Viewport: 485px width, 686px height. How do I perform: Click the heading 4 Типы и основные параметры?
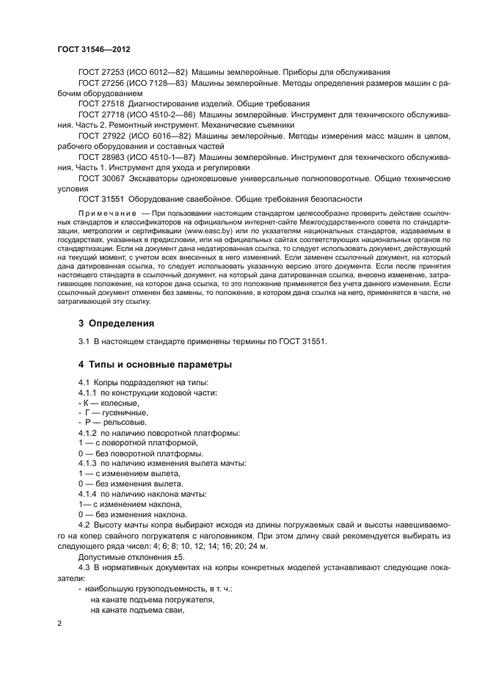pyautogui.click(x=155, y=364)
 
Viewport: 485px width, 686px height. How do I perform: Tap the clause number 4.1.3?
pyautogui.click(x=87, y=464)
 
